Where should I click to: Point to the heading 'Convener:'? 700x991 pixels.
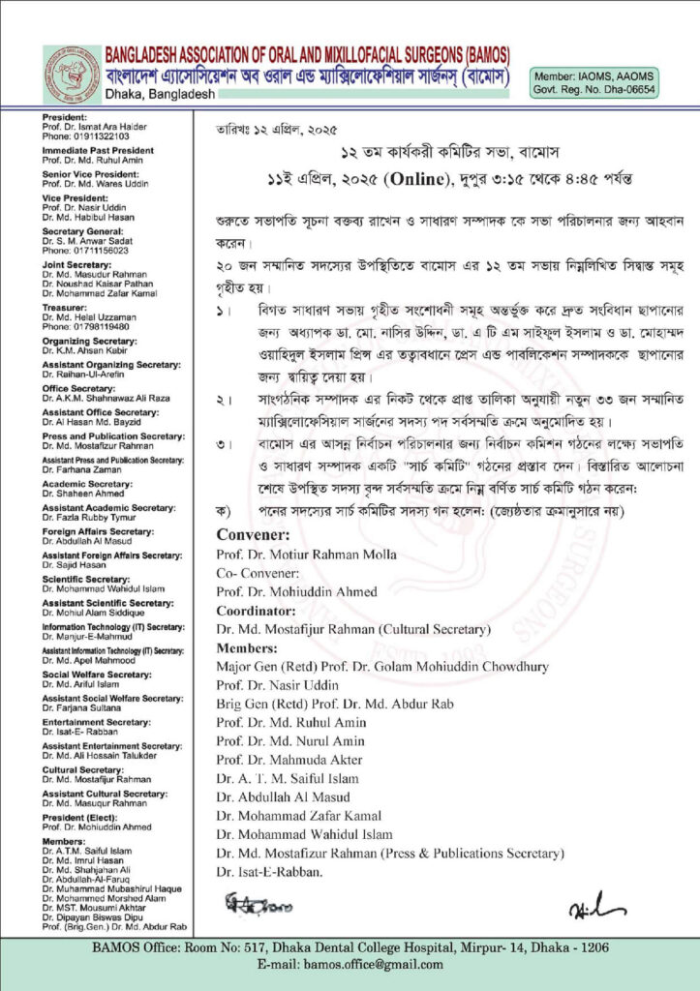[253, 534]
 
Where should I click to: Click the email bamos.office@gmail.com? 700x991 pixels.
[350, 964]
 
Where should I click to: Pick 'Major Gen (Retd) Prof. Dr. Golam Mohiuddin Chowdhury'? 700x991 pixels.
[382, 667]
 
